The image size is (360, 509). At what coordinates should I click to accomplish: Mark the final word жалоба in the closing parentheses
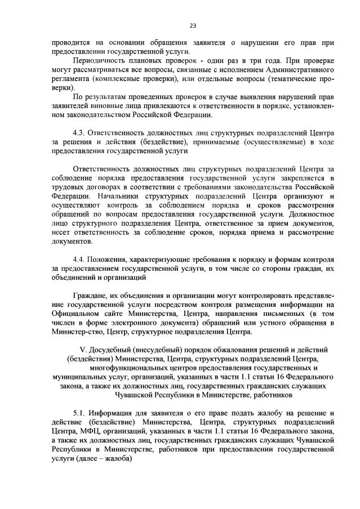[119, 458]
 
